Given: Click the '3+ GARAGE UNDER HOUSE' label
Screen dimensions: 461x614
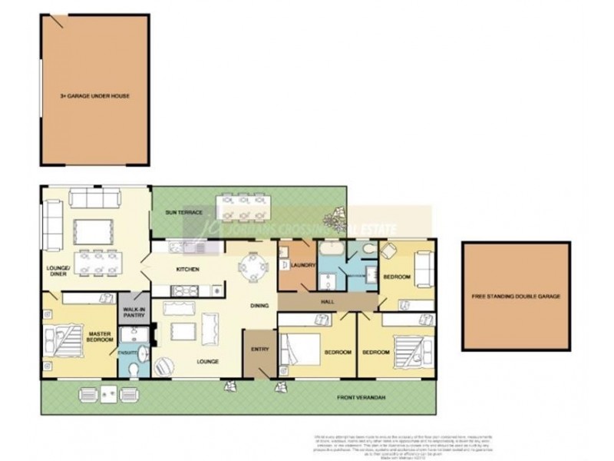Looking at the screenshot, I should [x=94, y=96].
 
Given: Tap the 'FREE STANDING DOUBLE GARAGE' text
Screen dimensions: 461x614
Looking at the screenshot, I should [x=516, y=296].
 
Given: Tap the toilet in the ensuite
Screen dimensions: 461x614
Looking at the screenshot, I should [x=134, y=370].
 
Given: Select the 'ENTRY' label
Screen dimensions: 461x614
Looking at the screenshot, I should [x=259, y=350].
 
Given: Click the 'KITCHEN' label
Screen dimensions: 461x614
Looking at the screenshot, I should [x=188, y=270].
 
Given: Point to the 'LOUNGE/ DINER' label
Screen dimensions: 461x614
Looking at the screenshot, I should [x=58, y=270].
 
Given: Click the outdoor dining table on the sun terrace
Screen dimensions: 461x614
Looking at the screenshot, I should [x=244, y=207].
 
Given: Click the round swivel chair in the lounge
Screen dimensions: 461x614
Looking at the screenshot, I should [x=163, y=368].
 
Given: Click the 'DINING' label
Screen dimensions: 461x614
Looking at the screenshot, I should [x=259, y=307].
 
